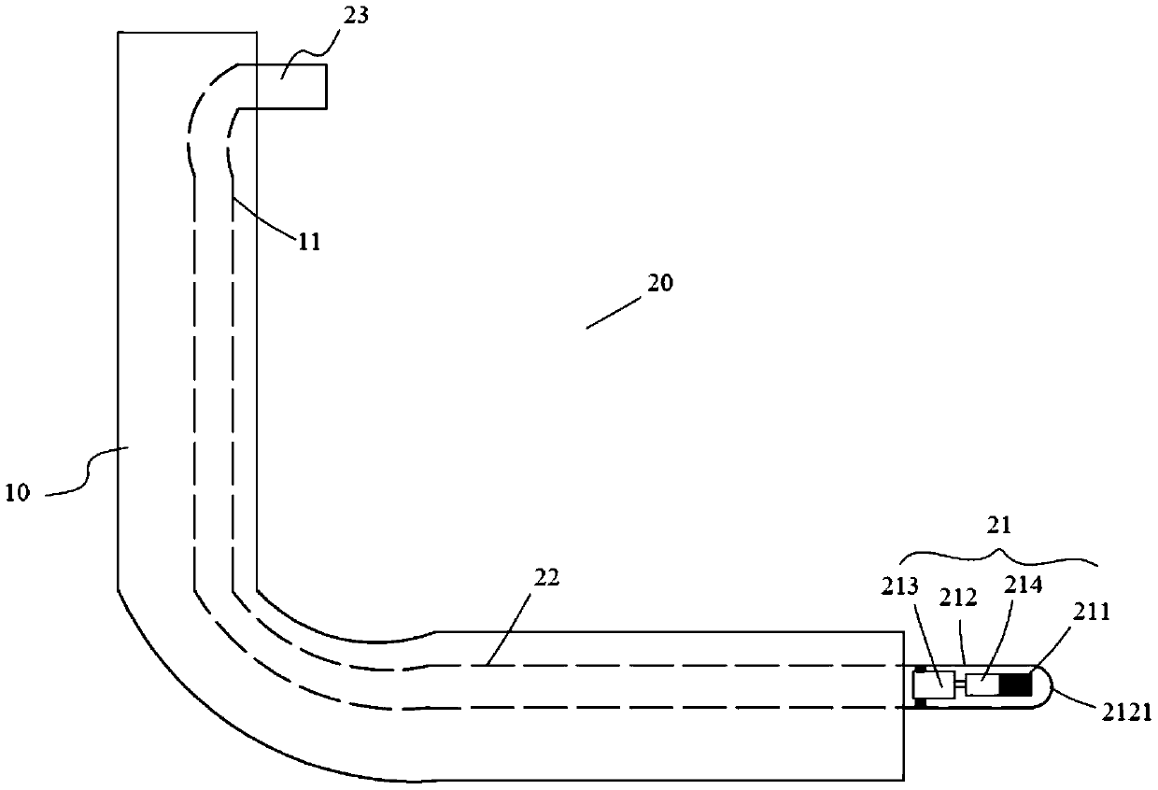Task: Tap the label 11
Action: point(309,242)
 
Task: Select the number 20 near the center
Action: point(659,284)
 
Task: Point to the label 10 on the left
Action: point(19,493)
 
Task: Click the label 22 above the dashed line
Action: point(546,578)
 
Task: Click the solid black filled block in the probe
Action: point(1014,685)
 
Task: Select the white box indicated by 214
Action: point(982,685)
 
